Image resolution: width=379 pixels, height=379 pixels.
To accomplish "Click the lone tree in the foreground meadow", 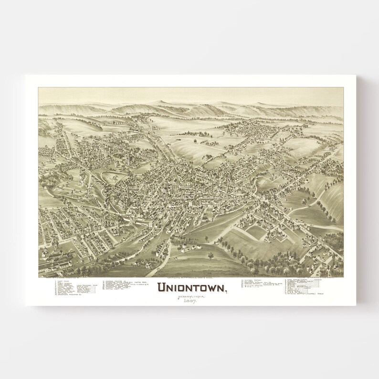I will [210, 256].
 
